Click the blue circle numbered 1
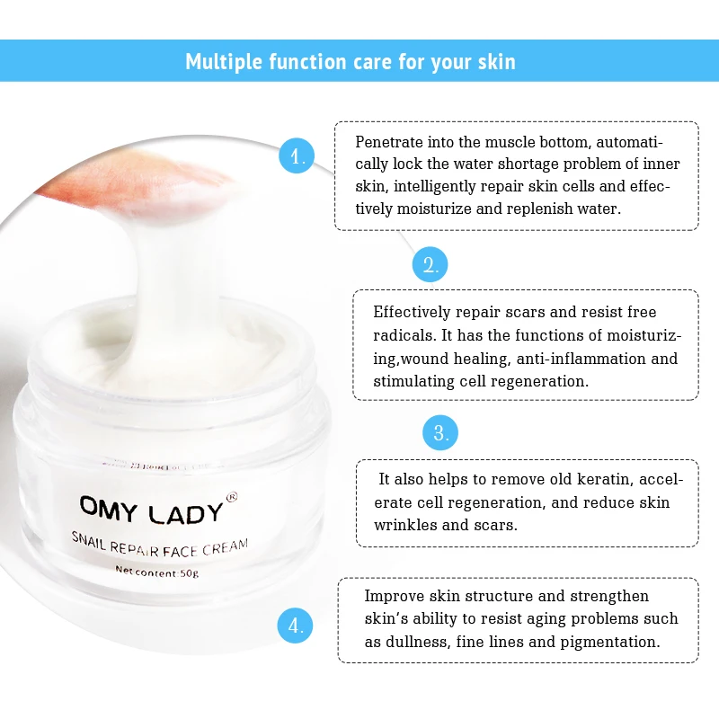coord(297,155)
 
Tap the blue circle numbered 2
coord(431,264)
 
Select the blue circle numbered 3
coord(440,433)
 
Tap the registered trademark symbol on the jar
coord(231,494)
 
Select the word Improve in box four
coord(395,596)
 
